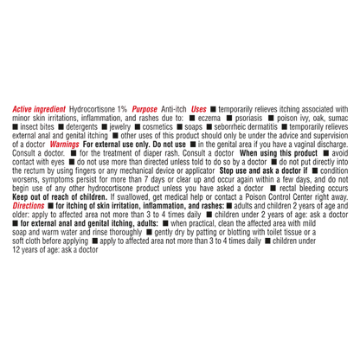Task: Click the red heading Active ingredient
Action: pyautogui.click(x=39, y=109)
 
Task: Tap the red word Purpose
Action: pyautogui.click(x=145, y=109)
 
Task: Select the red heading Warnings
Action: pyautogui.click(x=64, y=145)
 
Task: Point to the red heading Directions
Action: pyautogui.click(x=29, y=206)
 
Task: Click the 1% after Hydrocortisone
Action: pyautogui.click(x=122, y=109)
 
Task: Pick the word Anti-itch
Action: pyautogui.click(x=174, y=109)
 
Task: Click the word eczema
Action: pyautogui.click(x=209, y=119)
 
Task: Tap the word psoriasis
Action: pyautogui.click(x=248, y=119)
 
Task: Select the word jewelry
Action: pyautogui.click(x=120, y=127)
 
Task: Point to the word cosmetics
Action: pyautogui.click(x=157, y=127)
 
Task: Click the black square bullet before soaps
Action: pyautogui.click(x=180, y=127)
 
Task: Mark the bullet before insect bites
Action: pyautogui.click(x=15, y=127)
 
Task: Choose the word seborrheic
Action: pyautogui.click(x=229, y=127)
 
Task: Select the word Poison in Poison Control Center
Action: pyautogui.click(x=256, y=197)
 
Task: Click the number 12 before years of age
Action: pyautogui.click(x=16, y=249)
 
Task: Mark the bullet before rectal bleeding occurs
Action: pyautogui.click(x=273, y=188)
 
